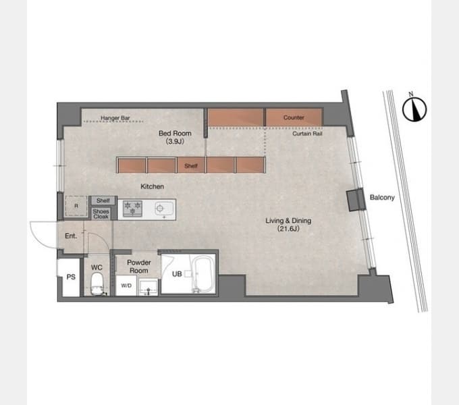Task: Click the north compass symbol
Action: click(414, 109)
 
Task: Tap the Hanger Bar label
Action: click(115, 118)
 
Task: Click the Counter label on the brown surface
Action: click(294, 117)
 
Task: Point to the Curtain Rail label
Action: click(307, 134)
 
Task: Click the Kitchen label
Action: click(153, 186)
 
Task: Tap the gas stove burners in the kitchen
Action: click(132, 209)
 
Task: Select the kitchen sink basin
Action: click(164, 209)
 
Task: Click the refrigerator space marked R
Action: click(76, 206)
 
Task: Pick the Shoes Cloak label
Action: click(101, 214)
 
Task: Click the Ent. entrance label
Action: click(71, 236)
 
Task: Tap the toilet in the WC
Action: click(97, 284)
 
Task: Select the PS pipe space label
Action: click(71, 277)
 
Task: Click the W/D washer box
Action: click(126, 286)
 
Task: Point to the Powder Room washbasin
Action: click(148, 288)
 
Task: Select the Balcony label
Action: click(382, 198)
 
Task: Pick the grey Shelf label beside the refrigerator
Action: click(103, 200)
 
